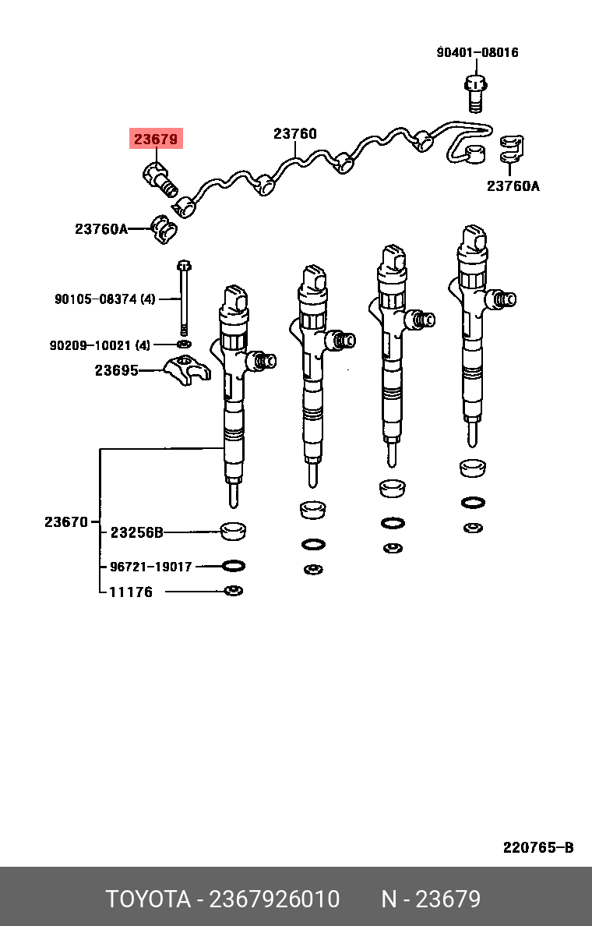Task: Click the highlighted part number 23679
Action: (x=156, y=140)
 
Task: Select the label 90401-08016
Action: (x=477, y=52)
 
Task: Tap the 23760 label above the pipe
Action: (x=294, y=133)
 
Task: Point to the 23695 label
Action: (x=116, y=370)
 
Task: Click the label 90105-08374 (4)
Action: (x=105, y=299)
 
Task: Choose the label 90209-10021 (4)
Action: (x=100, y=345)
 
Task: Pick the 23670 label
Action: (x=66, y=521)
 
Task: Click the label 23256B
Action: (x=136, y=532)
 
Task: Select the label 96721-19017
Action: (x=150, y=567)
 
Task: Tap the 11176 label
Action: (x=130, y=592)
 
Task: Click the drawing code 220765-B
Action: (x=538, y=847)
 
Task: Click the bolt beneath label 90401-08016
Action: (x=475, y=91)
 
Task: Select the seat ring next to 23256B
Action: (x=233, y=531)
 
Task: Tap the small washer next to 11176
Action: (x=233, y=591)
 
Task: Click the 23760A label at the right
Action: (x=513, y=186)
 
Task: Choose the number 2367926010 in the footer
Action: (x=275, y=899)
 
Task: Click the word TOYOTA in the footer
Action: (x=148, y=899)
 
